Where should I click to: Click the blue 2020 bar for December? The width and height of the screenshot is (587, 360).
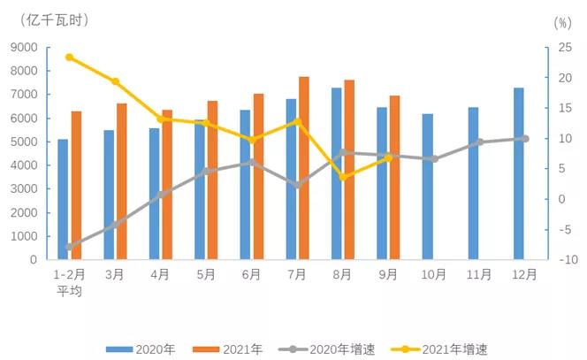click(518, 173)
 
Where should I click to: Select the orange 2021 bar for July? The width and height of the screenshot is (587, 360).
click(304, 168)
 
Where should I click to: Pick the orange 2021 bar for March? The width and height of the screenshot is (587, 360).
click(122, 181)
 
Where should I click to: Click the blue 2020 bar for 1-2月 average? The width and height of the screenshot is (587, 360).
click(63, 199)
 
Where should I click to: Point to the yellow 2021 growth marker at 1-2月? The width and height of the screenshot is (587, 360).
click(69, 57)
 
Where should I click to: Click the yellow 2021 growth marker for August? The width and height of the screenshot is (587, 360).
click(343, 177)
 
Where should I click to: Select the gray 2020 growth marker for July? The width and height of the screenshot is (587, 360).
click(297, 186)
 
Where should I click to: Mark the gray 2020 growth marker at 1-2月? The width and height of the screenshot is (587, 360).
click(69, 247)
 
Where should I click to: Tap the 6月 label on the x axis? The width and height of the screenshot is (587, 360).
click(251, 275)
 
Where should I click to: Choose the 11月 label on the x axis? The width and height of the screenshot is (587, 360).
click(479, 275)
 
